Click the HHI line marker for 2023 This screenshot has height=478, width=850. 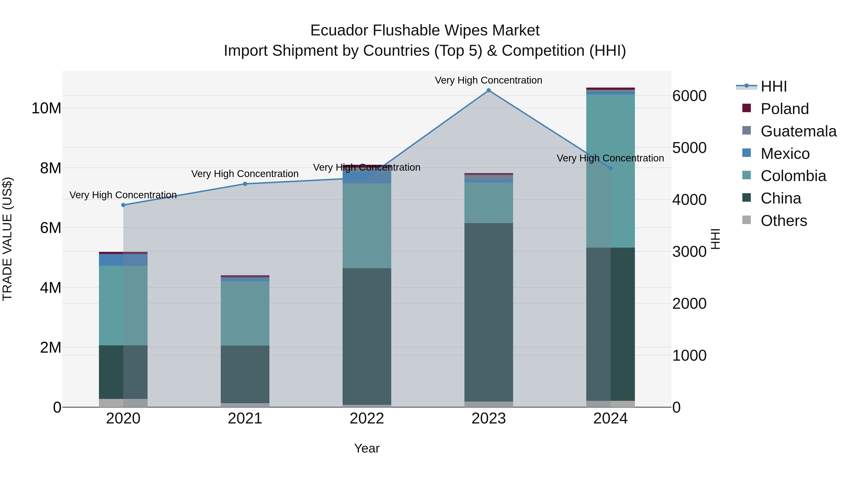[489, 90]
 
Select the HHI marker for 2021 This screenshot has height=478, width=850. [245, 184]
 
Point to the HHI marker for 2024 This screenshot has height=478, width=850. [610, 168]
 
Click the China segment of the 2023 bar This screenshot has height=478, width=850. [489, 312]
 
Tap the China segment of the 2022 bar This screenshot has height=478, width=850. [367, 336]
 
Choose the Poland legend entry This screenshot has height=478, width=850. [785, 109]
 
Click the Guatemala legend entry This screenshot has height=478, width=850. [799, 131]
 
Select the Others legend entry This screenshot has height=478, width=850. [784, 221]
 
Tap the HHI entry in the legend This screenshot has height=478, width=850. [773, 86]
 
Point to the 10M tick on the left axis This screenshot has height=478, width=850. [46, 108]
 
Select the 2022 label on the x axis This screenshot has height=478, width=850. [367, 419]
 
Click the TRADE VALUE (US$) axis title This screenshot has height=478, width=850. [7, 239]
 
